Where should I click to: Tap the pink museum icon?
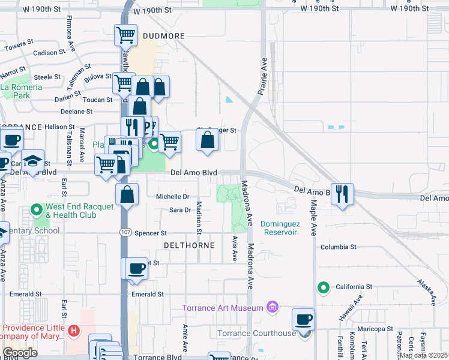coord(273,308)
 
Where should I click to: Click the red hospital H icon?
coord(73,331)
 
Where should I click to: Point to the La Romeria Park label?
coord(21,91)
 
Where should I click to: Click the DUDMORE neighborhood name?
coord(164,37)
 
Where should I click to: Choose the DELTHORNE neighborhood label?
coord(185,246)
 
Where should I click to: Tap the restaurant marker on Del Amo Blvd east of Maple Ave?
coord(342,194)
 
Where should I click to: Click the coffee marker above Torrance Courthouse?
coord(304,319)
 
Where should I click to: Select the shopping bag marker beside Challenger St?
coord(207,140)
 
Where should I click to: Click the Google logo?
coord(20,353)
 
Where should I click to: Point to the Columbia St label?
coord(338,247)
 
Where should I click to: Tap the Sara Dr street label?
coord(179,210)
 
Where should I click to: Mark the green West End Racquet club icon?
coord(36,210)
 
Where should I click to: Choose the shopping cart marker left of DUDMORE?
coord(125,35)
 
